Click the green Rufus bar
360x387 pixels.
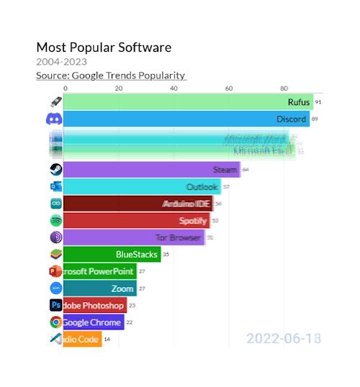(x=187, y=102)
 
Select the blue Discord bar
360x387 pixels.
(x=186, y=119)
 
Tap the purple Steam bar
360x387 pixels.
(x=151, y=170)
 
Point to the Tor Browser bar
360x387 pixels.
(x=134, y=237)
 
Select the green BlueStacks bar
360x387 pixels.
(x=112, y=254)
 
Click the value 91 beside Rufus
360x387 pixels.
(x=318, y=102)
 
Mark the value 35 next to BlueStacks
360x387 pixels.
(x=166, y=254)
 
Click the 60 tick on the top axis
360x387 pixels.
(x=228, y=88)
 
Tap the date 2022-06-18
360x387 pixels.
(x=283, y=338)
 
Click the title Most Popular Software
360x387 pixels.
(x=104, y=47)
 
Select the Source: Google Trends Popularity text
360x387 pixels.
(x=111, y=76)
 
